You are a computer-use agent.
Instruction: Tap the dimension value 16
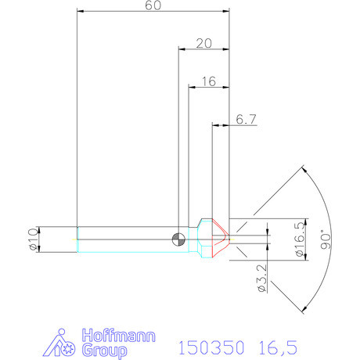[x=208, y=81]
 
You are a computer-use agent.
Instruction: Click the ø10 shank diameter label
[x=32, y=239]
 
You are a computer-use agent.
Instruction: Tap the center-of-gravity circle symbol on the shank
[x=180, y=239]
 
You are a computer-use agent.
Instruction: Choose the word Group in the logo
[x=104, y=350]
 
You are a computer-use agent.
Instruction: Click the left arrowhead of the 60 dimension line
[x=81, y=12]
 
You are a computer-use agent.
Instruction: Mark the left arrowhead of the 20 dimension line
[x=182, y=49]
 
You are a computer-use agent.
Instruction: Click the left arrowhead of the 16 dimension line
[x=192, y=87]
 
